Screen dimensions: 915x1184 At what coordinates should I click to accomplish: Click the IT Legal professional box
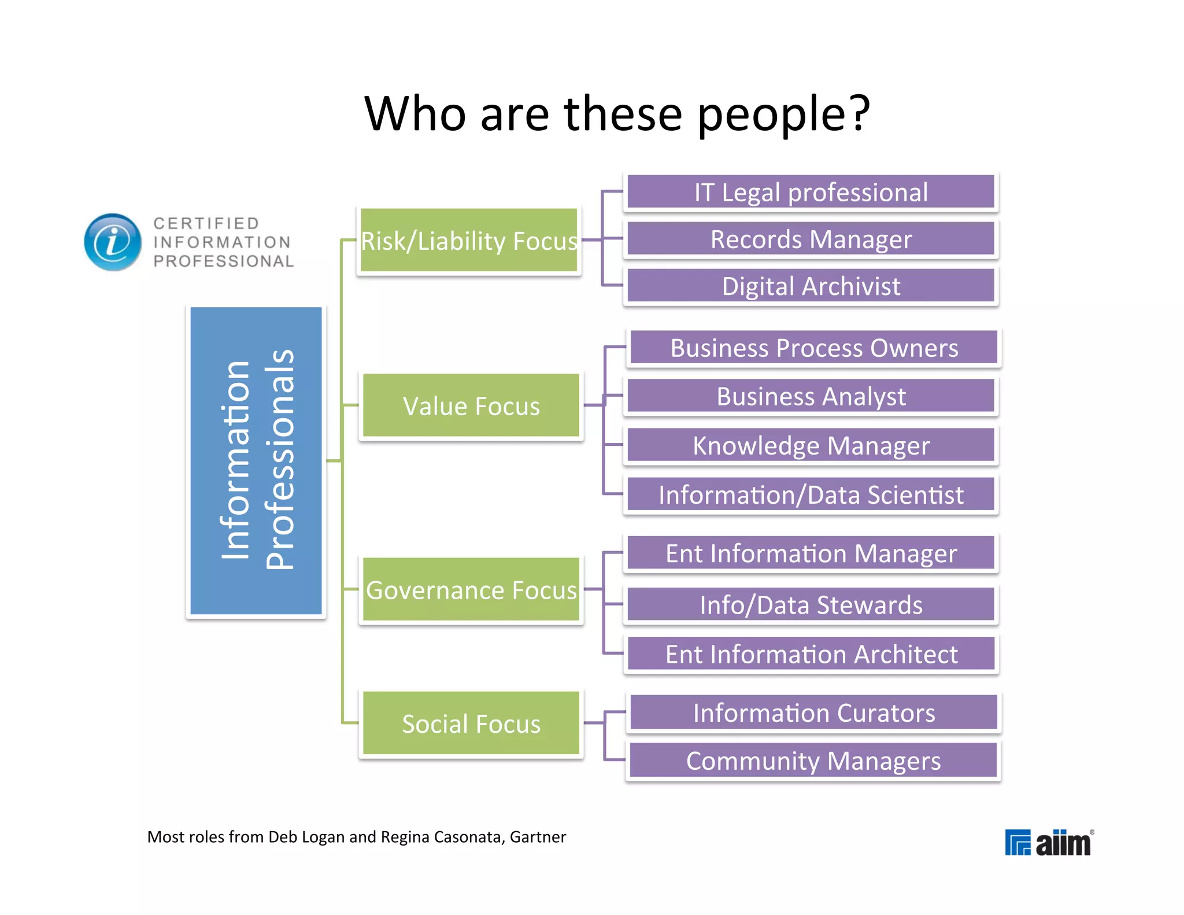[811, 192]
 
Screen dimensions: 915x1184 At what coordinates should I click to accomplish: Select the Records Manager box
[811, 239]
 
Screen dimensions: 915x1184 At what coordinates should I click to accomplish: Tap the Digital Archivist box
[811, 286]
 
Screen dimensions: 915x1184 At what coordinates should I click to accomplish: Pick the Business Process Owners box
[813, 348]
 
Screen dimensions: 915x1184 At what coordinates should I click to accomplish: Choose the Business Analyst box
[811, 397]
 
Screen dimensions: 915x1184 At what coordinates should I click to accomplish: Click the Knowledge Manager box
[811, 446]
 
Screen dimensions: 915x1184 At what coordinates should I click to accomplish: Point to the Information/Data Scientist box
[811, 495]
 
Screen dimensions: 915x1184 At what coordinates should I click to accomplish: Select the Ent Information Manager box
[811, 554]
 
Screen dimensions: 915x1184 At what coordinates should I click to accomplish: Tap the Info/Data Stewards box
[811, 605]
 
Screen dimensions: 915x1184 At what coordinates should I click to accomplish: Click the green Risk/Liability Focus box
[469, 241]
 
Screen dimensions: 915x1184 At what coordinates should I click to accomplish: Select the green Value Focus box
[471, 406]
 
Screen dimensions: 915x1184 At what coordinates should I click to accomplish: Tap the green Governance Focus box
[471, 590]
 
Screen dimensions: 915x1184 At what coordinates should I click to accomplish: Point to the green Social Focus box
[471, 724]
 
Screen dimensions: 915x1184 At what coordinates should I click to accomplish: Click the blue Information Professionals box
[256, 461]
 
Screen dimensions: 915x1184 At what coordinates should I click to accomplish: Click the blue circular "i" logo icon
[113, 242]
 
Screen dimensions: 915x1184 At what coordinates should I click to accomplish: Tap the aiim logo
[1049, 842]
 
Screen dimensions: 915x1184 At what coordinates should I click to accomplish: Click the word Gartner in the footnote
[538, 837]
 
